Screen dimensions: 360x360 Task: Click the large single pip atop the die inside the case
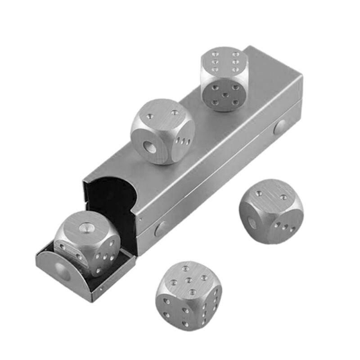(84, 228)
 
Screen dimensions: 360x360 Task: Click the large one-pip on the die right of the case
(252, 223)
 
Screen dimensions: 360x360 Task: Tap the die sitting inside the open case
(88, 243)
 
